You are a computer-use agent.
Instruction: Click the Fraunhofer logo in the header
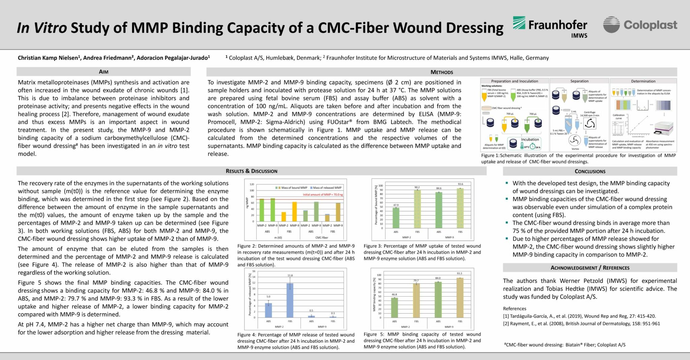550,27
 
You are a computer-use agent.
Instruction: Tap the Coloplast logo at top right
640,25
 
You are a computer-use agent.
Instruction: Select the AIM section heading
103,72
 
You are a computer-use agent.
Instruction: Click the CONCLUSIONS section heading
590,171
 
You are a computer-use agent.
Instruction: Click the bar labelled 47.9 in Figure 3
396,218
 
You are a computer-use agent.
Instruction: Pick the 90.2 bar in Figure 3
417,209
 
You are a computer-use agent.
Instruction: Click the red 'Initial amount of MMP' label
322,195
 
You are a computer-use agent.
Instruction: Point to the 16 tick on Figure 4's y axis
254,271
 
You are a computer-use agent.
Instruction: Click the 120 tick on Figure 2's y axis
252,184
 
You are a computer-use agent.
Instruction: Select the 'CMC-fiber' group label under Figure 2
322,237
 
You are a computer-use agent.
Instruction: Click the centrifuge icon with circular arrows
590,123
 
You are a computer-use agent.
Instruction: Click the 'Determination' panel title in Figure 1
643,81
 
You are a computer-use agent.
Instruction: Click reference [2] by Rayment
581,324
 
